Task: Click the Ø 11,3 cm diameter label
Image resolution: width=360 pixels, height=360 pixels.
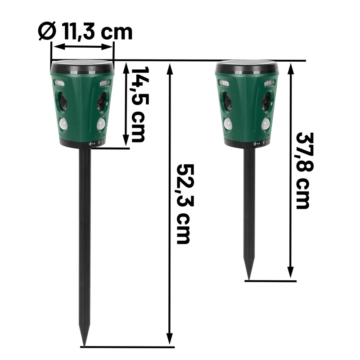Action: [x=85, y=31]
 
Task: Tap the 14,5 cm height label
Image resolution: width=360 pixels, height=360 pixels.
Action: [x=139, y=104]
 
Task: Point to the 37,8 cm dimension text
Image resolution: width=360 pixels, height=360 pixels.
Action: [x=305, y=171]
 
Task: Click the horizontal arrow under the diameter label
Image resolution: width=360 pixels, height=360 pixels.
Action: [x=83, y=47]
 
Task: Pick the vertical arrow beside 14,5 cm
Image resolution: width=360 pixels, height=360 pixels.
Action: [x=126, y=104]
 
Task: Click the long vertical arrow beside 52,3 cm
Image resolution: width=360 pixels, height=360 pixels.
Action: [x=170, y=204]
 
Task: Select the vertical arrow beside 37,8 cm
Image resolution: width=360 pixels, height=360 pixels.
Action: [x=291, y=171]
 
